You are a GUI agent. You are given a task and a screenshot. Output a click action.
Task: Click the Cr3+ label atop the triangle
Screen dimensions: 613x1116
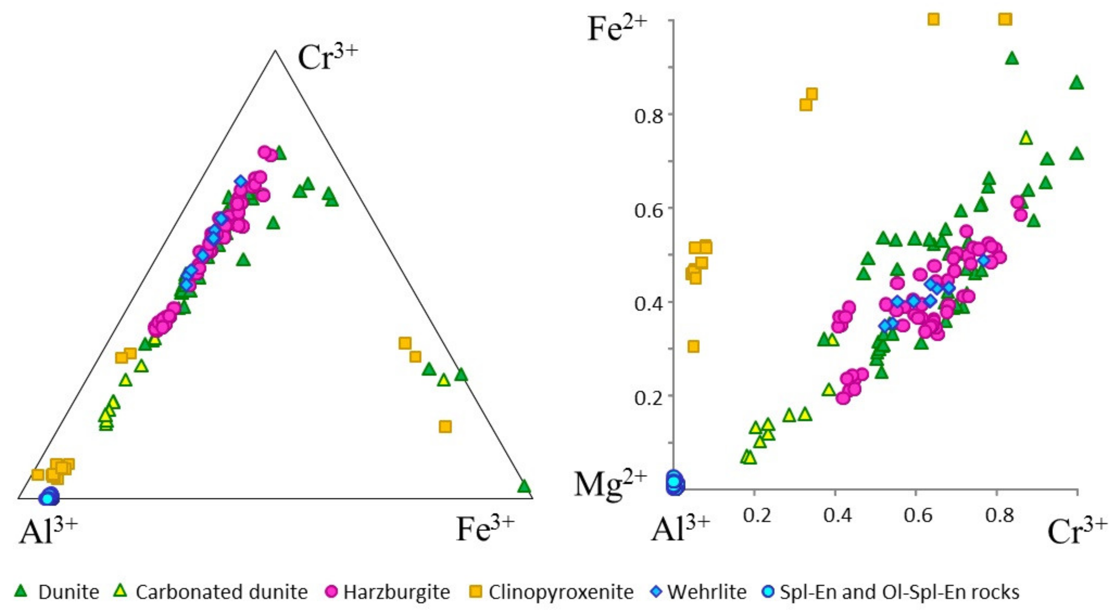[328, 59]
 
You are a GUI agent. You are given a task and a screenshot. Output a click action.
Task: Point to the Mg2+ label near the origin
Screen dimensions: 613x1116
[610, 484]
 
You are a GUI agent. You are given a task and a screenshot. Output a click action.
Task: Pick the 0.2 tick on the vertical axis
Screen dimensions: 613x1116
[648, 397]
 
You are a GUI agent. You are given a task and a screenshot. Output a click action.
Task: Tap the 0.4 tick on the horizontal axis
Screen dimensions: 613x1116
[838, 515]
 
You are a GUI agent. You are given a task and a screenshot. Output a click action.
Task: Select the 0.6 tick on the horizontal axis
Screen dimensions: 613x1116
[918, 515]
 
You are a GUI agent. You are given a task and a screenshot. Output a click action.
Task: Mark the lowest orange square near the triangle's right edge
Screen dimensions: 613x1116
[445, 427]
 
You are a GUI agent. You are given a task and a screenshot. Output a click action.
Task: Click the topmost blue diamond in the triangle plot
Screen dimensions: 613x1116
[241, 181]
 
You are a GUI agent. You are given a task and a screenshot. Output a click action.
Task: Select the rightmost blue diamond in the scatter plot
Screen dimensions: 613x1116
[984, 260]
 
